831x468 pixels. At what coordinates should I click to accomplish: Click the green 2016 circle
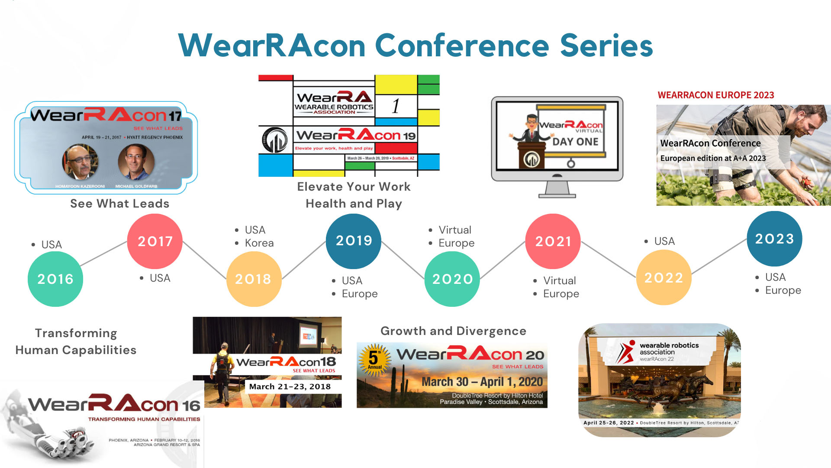click(x=55, y=279)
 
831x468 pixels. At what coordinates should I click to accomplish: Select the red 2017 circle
click(x=155, y=241)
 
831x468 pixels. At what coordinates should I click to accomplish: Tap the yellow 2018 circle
click(x=254, y=279)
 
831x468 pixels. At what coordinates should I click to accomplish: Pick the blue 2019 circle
click(x=354, y=241)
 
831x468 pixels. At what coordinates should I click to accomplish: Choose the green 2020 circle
click(x=452, y=279)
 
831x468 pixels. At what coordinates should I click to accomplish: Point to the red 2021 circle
click(x=553, y=241)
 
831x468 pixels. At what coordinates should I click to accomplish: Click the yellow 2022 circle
click(x=664, y=278)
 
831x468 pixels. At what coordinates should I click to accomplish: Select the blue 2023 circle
click(x=774, y=239)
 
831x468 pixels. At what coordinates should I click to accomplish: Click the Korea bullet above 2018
click(x=259, y=243)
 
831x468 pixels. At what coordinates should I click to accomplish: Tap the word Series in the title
click(x=606, y=45)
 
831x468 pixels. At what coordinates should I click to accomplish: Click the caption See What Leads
click(x=119, y=204)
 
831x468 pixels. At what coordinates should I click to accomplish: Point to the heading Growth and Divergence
click(x=453, y=331)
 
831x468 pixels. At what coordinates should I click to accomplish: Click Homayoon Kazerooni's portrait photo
click(x=80, y=162)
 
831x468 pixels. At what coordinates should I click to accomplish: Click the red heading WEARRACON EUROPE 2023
click(x=716, y=95)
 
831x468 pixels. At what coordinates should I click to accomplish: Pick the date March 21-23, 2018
click(x=290, y=387)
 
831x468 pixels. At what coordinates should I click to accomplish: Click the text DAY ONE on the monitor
click(x=575, y=142)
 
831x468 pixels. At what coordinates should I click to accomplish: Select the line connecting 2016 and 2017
click(x=104, y=253)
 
